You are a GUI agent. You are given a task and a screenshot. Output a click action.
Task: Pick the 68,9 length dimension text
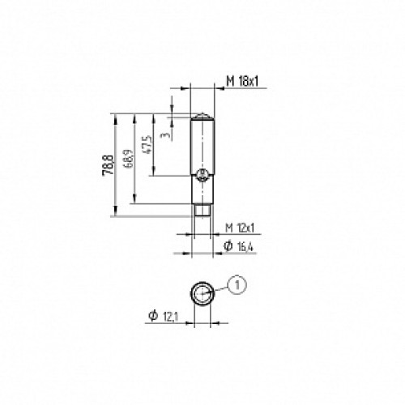tap(127, 159)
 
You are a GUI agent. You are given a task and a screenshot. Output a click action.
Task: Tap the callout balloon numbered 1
tap(236, 283)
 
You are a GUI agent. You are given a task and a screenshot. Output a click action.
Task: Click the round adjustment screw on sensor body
tap(203, 174)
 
